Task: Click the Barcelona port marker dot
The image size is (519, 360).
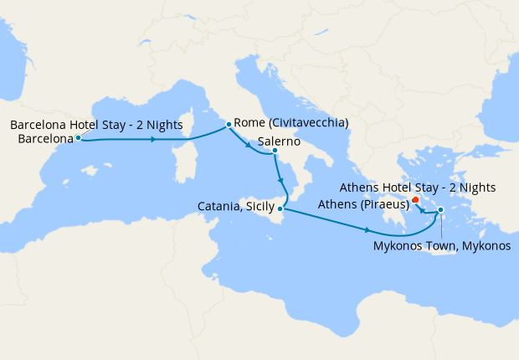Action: pos(78,138)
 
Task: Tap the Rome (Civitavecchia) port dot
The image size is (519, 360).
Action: pos(229,125)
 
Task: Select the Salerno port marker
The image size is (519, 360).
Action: pos(275,151)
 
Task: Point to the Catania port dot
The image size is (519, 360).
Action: pos(280,209)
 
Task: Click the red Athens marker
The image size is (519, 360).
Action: pos(415,199)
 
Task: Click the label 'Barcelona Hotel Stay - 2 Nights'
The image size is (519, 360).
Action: pos(96,125)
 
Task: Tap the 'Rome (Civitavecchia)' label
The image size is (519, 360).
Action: pos(291,123)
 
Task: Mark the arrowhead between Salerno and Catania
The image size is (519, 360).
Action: pos(280,179)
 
